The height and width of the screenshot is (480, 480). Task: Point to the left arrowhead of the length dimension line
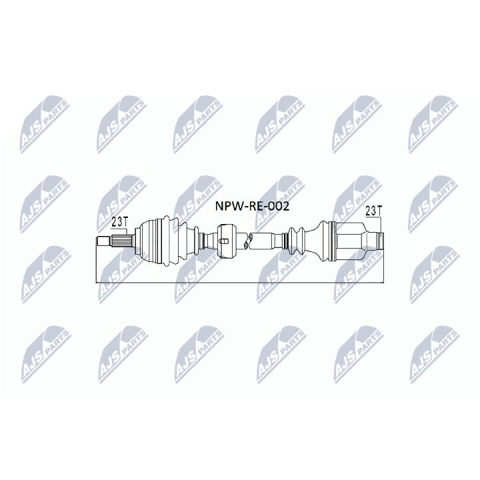tap(99, 283)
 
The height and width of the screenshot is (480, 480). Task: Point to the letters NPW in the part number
tap(226, 207)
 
